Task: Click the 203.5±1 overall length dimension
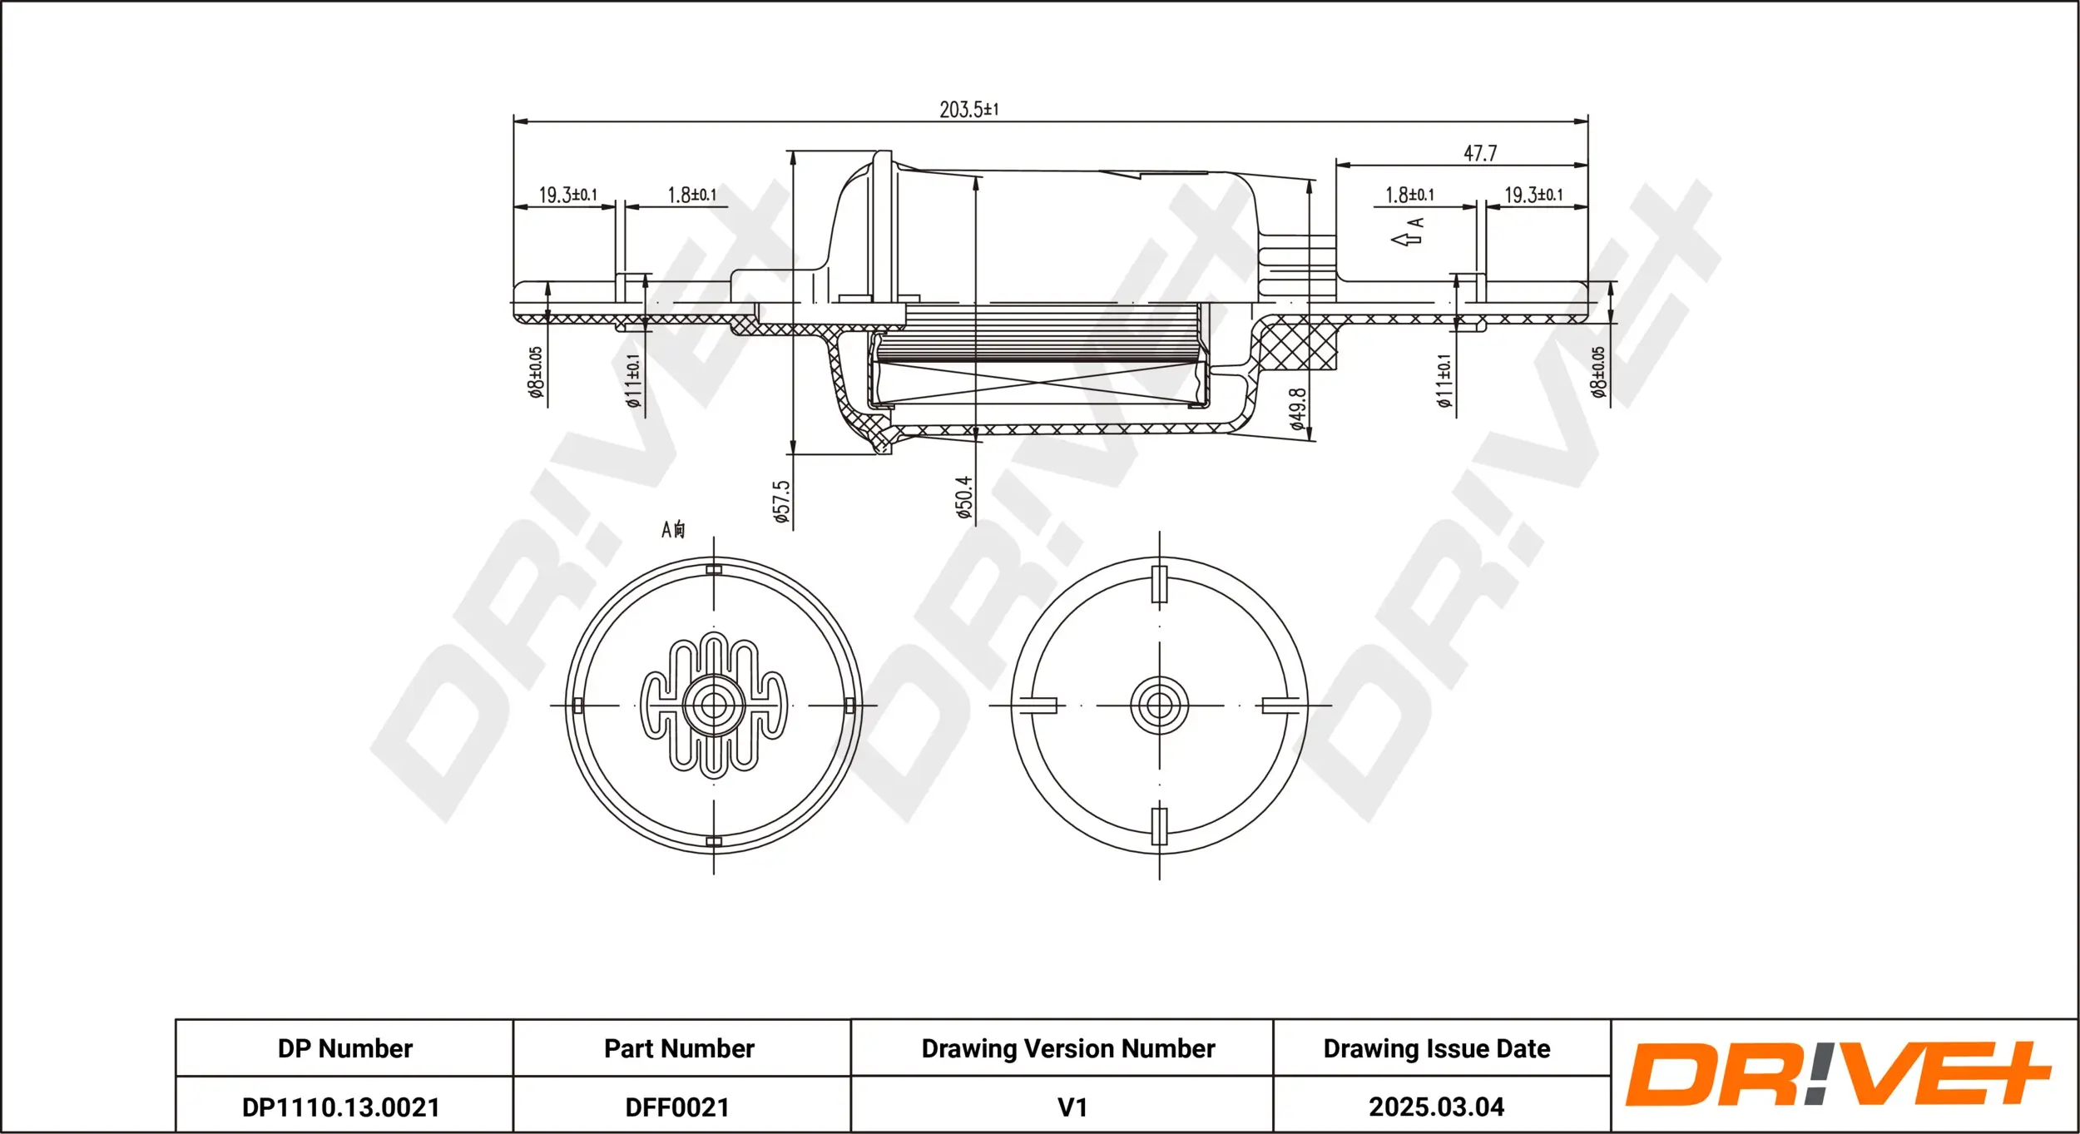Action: pyautogui.click(x=968, y=110)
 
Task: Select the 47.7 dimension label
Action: pyautogui.click(x=1479, y=153)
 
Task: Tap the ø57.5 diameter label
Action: pyautogui.click(x=782, y=501)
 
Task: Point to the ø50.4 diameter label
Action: pyautogui.click(x=964, y=498)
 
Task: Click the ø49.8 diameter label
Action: pyautogui.click(x=1297, y=409)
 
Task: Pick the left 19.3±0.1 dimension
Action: pyautogui.click(x=567, y=195)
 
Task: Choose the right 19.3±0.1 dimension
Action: pyautogui.click(x=1533, y=195)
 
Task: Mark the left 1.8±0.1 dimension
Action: pyautogui.click(x=691, y=195)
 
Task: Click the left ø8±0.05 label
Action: pyautogui.click(x=536, y=372)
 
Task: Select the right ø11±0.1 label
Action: pyautogui.click(x=1444, y=380)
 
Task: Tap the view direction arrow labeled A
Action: pyautogui.click(x=1408, y=234)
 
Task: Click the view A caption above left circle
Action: pyautogui.click(x=673, y=529)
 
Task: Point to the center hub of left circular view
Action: pyautogui.click(x=713, y=706)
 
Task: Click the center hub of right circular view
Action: pyautogui.click(x=1159, y=706)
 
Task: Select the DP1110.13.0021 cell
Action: pyautogui.click(x=340, y=1107)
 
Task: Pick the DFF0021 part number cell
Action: pyautogui.click(x=677, y=1107)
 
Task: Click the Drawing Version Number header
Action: pyautogui.click(x=1067, y=1048)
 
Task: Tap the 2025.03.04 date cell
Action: pyautogui.click(x=1436, y=1107)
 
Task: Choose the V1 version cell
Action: pyautogui.click(x=1072, y=1107)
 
